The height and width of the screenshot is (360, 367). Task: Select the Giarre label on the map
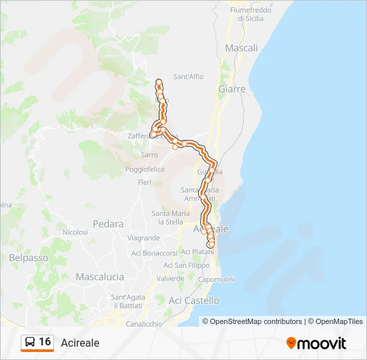(x=232, y=89)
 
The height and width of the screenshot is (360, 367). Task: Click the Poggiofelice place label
(x=145, y=170)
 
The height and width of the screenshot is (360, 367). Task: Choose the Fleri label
(x=145, y=182)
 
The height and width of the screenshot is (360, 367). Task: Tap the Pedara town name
(x=109, y=224)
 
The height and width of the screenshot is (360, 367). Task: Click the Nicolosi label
(x=75, y=232)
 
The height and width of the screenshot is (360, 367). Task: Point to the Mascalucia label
(x=100, y=276)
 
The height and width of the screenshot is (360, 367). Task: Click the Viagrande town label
(x=143, y=238)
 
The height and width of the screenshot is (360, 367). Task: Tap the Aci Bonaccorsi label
(x=154, y=253)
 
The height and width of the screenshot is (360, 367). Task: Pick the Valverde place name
(x=169, y=279)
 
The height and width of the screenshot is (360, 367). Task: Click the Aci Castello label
(x=194, y=301)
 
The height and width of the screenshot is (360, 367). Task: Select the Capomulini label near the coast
(x=215, y=279)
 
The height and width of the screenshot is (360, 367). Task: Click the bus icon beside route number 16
(x=30, y=342)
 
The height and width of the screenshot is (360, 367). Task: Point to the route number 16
(x=45, y=342)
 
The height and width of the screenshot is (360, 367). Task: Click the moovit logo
(x=316, y=343)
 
